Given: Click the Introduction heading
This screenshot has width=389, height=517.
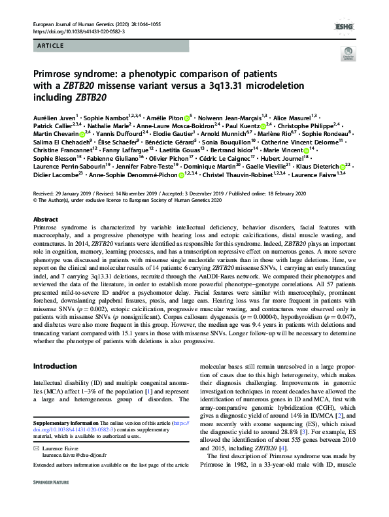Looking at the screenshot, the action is tap(55, 365).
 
